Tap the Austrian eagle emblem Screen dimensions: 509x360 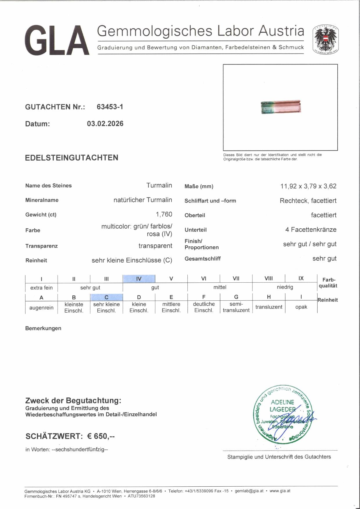[325, 40]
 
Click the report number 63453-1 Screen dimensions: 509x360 [110, 107]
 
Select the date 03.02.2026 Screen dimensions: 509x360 [105, 124]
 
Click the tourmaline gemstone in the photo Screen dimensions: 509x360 [281, 107]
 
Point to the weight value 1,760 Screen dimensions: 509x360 [164, 214]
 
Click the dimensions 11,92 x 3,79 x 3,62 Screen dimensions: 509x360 [308, 186]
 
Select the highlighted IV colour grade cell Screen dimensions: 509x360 [139, 279]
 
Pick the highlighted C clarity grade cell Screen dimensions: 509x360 [106, 297]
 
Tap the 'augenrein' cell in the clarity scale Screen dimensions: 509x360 [41, 307]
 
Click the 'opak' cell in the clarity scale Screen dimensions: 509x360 [301, 307]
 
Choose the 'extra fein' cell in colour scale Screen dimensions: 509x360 [41, 288]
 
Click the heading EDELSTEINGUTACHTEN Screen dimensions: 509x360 [71, 158]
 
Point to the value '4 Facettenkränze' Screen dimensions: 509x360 [311, 230]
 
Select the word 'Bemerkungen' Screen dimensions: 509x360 [43, 328]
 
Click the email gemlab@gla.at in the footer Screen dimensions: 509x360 [249, 491]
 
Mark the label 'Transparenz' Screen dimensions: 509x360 [42, 246]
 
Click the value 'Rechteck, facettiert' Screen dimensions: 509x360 [308, 201]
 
